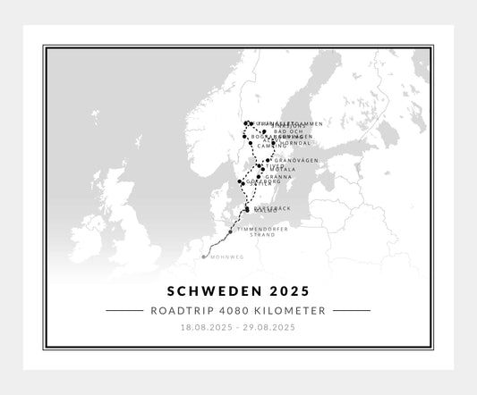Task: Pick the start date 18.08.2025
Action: [206, 328]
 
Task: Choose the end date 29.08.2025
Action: [269, 328]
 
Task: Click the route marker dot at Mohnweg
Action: [204, 256]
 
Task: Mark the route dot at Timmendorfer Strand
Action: [231, 231]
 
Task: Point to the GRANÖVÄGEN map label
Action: [295, 160]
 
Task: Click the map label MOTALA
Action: [283, 169]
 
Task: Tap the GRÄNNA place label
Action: [279, 177]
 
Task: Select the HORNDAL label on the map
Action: [295, 142]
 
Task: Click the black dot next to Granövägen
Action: [268, 161]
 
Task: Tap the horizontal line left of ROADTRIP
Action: [124, 311]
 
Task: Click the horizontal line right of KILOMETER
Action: [352, 311]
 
